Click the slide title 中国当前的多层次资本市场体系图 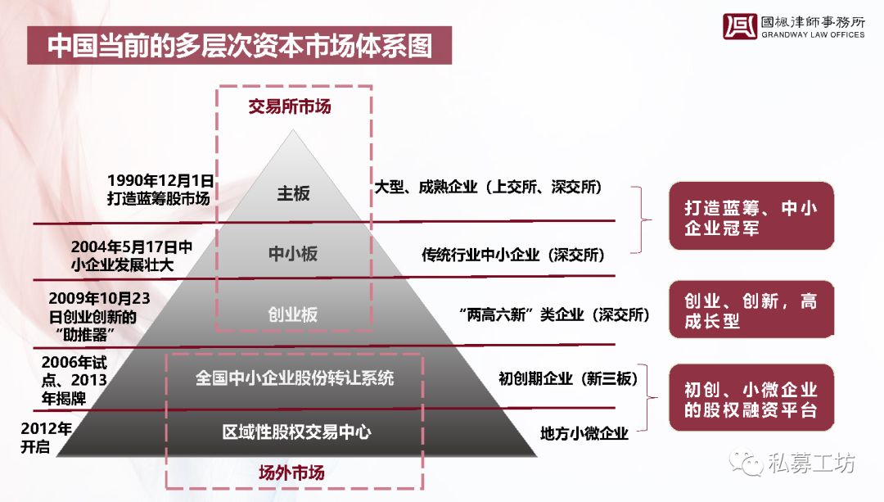click(x=240, y=46)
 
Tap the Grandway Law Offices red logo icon click(x=740, y=26)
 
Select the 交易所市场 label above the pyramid click(x=290, y=106)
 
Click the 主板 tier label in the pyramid click(x=293, y=193)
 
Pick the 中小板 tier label click(x=292, y=253)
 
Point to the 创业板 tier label click(x=292, y=314)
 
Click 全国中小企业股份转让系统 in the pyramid click(x=295, y=378)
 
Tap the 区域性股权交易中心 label click(x=296, y=432)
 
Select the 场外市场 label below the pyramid click(x=291, y=472)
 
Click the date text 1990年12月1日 click(x=160, y=180)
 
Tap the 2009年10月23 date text click(x=99, y=298)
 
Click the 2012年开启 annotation click(x=46, y=437)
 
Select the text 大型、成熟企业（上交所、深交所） click(x=488, y=187)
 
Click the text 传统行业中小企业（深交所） click(x=513, y=255)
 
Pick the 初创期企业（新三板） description click(x=568, y=378)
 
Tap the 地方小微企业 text click(x=584, y=433)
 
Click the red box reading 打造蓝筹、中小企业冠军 click(x=751, y=216)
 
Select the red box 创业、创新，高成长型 click(x=751, y=310)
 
